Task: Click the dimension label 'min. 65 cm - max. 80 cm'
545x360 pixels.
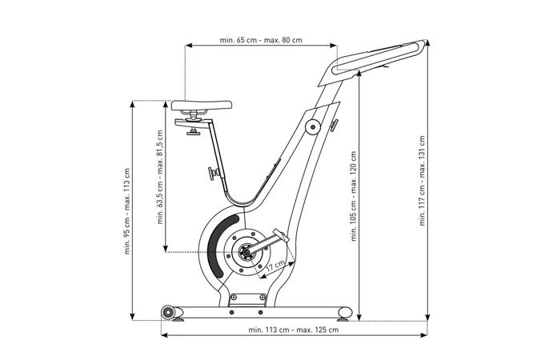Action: (261, 40)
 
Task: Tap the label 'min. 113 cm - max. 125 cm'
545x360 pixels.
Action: (293, 329)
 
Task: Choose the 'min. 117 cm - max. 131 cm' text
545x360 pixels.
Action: (422, 181)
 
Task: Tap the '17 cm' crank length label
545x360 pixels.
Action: (277, 265)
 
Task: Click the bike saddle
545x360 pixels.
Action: (200, 106)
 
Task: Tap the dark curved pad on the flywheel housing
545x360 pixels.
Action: (218, 243)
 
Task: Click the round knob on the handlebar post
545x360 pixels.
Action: (312, 126)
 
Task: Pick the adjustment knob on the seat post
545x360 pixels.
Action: (214, 173)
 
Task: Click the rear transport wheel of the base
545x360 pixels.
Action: (168, 311)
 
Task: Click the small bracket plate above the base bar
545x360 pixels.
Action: (246, 299)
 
